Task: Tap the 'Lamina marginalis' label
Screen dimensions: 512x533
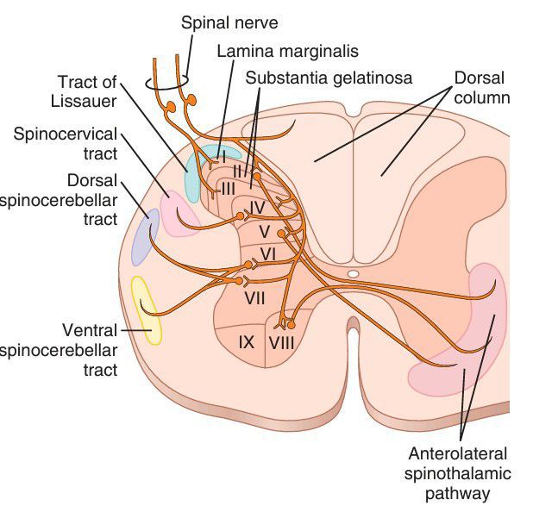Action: click(x=287, y=51)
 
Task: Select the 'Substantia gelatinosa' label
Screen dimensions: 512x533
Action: click(x=329, y=78)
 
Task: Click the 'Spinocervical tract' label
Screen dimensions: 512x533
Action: click(x=66, y=144)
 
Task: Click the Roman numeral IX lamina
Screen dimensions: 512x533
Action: click(x=246, y=342)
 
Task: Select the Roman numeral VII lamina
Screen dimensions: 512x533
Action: click(x=254, y=298)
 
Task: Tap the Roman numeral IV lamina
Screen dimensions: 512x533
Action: click(x=256, y=207)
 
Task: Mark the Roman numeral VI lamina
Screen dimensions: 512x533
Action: click(x=266, y=254)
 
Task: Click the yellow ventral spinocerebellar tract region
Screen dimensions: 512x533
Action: click(x=145, y=309)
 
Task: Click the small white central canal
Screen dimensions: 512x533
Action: click(x=353, y=273)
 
